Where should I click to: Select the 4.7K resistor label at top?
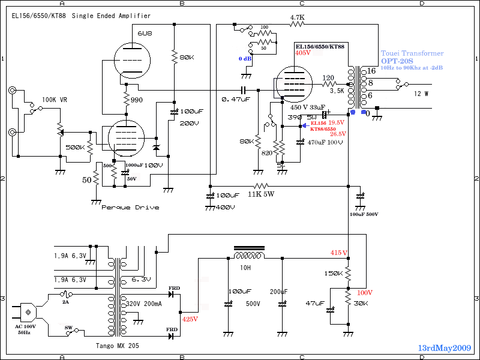[x=297, y=17]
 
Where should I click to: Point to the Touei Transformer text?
[x=412, y=53]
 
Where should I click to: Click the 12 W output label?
[x=422, y=94]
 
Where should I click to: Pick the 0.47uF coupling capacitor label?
[x=235, y=99]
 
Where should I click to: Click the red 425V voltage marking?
[x=190, y=319]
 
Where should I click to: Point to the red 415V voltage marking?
[x=339, y=253]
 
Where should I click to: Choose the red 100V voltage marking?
[x=365, y=293]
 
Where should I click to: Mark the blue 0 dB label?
[x=246, y=58]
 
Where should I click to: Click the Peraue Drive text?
[x=130, y=207]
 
